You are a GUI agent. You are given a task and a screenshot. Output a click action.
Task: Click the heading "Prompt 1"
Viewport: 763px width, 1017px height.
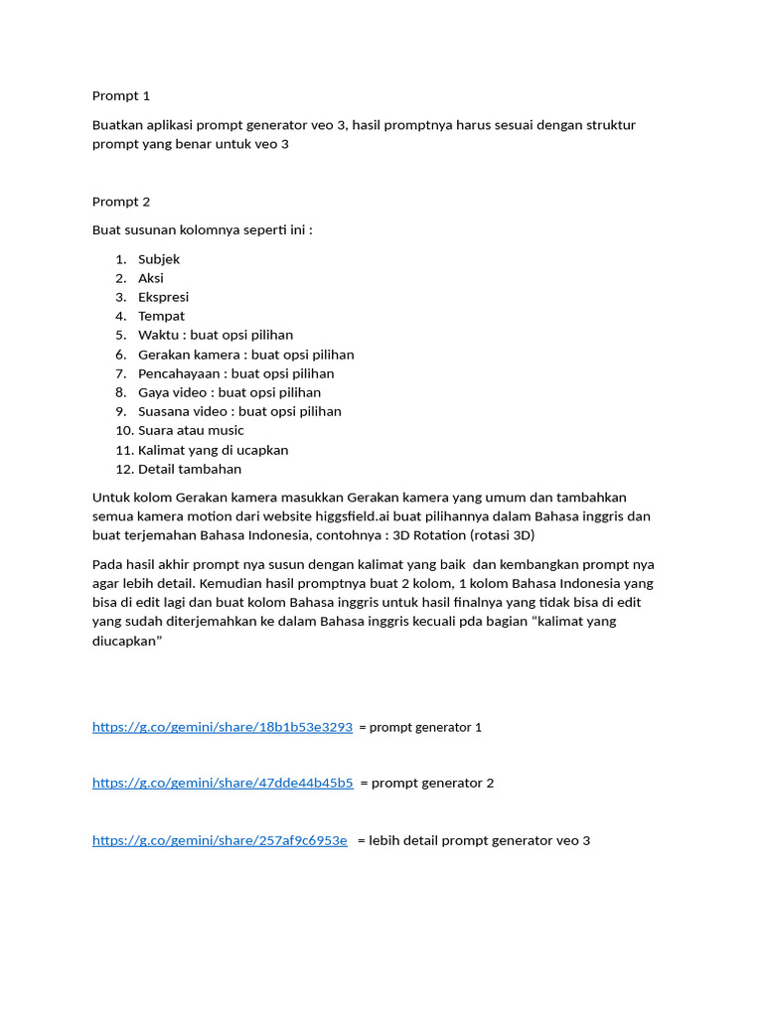pos(121,96)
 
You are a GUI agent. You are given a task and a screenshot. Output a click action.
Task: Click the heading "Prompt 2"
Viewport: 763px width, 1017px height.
pos(121,202)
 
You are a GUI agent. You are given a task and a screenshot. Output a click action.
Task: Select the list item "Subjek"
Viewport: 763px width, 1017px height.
pos(159,259)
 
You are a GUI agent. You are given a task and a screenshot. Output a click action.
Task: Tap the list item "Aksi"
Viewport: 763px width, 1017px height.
pos(151,278)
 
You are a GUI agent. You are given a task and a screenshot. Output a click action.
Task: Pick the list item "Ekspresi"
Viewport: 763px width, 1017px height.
pos(163,297)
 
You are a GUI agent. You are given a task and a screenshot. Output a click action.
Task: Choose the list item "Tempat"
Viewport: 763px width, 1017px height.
pos(161,316)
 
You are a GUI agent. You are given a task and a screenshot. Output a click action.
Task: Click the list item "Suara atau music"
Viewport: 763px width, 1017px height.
pos(191,430)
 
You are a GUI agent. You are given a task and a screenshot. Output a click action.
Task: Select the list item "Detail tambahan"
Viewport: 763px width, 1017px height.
pos(190,469)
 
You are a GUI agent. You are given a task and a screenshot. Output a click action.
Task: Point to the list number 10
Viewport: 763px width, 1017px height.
pos(123,430)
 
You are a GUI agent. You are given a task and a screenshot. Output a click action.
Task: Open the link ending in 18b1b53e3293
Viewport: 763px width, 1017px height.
pos(223,727)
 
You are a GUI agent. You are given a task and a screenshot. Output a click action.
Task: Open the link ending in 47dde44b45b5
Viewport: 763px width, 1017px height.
pos(223,783)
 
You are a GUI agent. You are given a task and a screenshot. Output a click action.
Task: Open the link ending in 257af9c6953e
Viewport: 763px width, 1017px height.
pos(220,840)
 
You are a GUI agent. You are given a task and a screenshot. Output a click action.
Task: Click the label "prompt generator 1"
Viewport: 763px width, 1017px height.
pos(425,728)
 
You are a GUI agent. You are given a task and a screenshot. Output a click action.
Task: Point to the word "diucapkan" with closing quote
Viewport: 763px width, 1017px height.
pos(127,641)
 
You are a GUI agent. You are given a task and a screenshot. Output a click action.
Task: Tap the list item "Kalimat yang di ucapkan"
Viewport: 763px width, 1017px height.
pos(213,450)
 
